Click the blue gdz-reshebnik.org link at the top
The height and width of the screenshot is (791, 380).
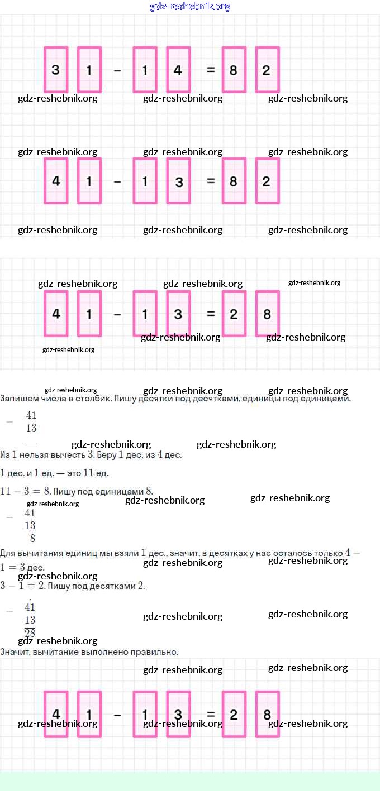tap(190, 7)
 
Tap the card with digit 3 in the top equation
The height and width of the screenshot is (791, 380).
tap(56, 70)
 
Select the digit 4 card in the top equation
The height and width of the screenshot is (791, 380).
tap(178, 70)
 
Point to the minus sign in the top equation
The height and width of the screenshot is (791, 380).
tap(117, 70)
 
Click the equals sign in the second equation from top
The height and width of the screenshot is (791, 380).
tap(211, 181)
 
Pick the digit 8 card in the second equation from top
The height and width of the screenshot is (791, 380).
tap(234, 181)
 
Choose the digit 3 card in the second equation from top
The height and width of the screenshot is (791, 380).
tap(178, 181)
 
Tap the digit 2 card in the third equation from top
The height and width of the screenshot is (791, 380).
tap(234, 314)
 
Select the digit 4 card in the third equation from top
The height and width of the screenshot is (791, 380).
tap(56, 314)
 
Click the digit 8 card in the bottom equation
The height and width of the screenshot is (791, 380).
tap(267, 715)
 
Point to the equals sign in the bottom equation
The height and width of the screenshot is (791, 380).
tap(211, 715)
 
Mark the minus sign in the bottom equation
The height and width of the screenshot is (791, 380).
tap(117, 715)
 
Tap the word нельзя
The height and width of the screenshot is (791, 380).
tap(33, 455)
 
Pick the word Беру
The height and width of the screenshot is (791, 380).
tap(111, 455)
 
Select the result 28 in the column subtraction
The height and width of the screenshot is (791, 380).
tap(30, 632)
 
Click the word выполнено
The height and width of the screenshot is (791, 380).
tap(98, 651)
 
